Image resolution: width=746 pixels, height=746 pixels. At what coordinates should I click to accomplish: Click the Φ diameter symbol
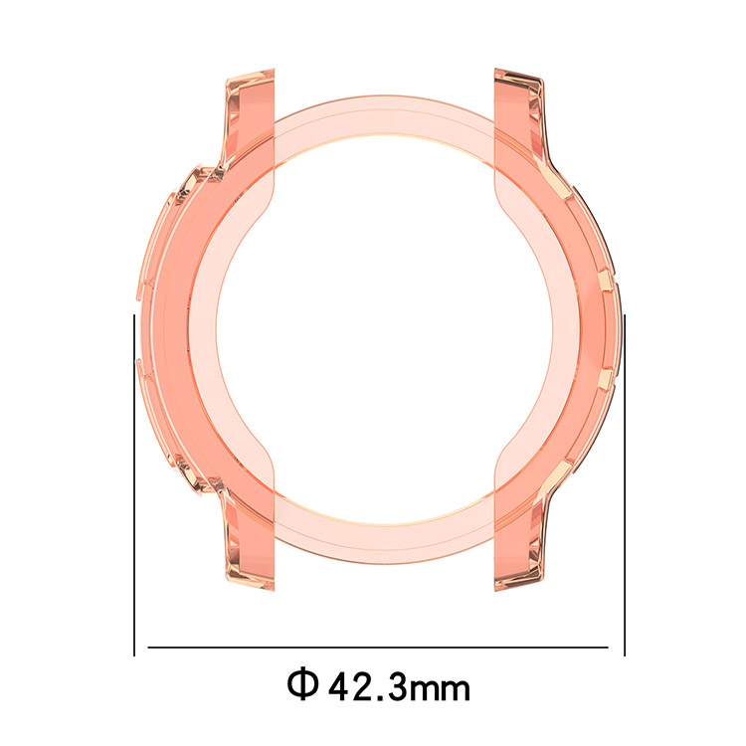(302, 684)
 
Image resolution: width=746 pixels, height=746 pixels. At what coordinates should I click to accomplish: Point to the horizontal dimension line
(378, 648)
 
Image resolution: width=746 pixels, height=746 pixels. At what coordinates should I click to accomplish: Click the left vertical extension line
(134, 484)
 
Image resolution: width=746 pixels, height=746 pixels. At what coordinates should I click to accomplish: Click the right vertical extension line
(625, 484)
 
